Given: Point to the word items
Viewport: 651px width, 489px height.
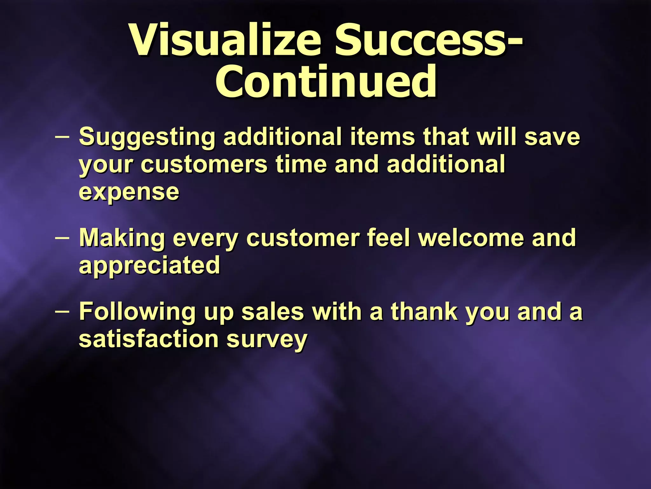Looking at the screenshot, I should click(382, 137).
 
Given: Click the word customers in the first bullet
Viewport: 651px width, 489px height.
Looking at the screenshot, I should click(204, 165).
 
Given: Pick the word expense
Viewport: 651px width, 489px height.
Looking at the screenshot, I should click(129, 192).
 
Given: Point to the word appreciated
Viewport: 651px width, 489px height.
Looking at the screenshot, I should click(149, 266).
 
